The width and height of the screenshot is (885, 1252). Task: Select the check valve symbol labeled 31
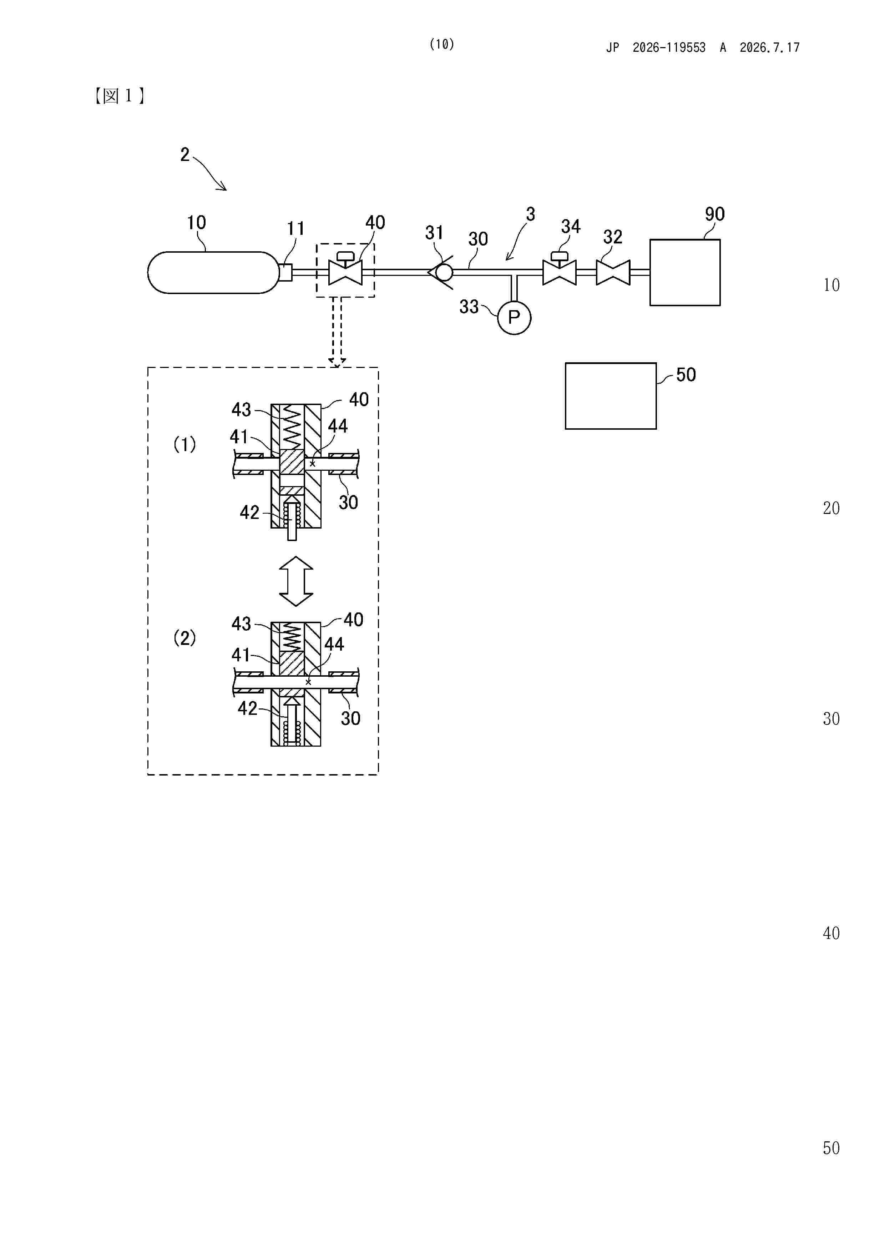point(442,272)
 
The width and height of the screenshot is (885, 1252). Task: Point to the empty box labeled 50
point(611,396)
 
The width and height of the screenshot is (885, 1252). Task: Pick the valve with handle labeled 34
point(560,268)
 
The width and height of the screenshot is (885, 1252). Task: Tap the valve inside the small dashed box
point(345,268)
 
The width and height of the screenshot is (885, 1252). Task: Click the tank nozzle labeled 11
point(285,272)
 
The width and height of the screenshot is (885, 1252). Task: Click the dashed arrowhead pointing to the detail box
point(337,362)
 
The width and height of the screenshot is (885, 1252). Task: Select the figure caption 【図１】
point(119,96)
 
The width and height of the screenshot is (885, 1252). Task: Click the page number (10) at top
point(442,44)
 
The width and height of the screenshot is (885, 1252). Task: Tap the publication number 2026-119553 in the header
point(669,47)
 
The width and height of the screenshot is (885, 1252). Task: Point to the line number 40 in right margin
point(831,933)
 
